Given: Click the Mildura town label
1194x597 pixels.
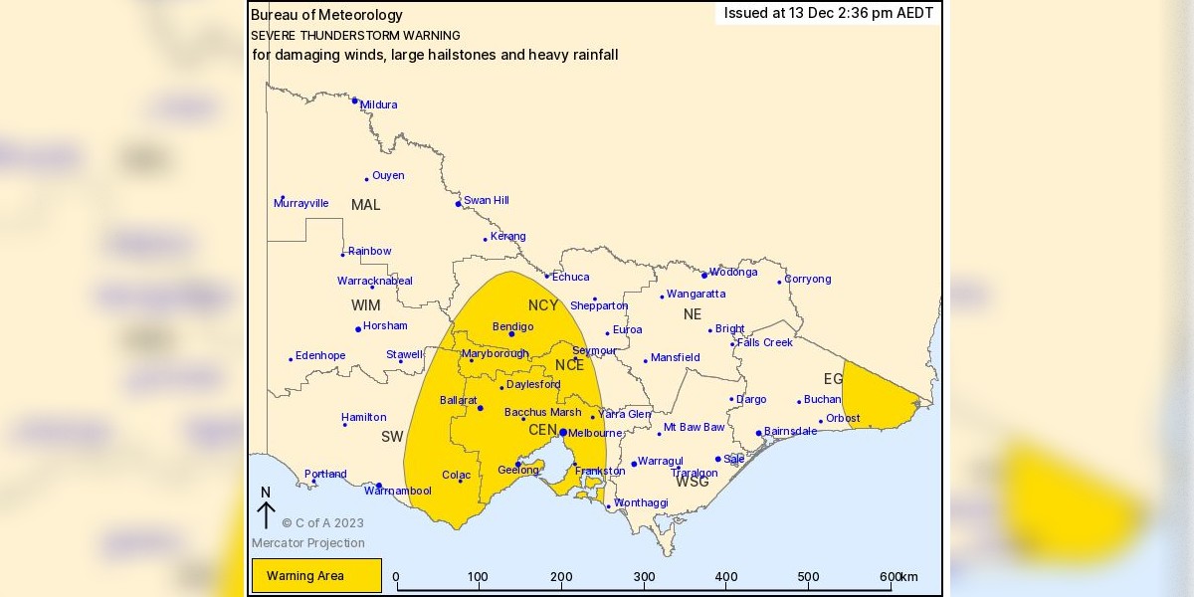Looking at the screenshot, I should pos(378,104).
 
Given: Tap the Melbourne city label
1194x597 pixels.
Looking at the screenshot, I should pos(595,433).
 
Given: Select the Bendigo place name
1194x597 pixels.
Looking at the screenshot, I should pos(513,326).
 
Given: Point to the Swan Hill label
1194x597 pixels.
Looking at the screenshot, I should pos(486,200).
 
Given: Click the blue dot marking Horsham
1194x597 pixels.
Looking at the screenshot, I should pos(358,329).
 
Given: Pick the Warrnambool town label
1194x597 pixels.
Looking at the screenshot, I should pos(398,491).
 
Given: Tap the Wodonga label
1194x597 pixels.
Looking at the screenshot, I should pos(733,272).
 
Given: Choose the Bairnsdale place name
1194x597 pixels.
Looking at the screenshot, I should pos(790,431).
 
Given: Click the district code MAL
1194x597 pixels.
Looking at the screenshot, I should pos(365,205).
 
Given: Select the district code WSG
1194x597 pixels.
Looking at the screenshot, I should pos(693,482).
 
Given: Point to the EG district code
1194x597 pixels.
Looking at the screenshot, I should pos(833,379).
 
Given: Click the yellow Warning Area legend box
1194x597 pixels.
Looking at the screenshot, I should pos(316,575).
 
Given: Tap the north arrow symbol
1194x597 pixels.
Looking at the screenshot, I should pos(266,509).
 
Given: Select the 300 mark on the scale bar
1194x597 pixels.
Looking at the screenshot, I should pos(645,577).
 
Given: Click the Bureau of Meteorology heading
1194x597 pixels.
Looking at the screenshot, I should pos(326,15).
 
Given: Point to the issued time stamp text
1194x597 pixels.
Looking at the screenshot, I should pos(828,13).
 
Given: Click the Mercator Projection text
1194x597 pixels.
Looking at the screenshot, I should pos(307,543).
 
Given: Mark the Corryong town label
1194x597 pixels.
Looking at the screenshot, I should pos(807,279).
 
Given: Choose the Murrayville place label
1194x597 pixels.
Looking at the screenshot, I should pos(300,203).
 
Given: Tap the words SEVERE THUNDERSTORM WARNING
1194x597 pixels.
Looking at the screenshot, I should pos(355,35).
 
